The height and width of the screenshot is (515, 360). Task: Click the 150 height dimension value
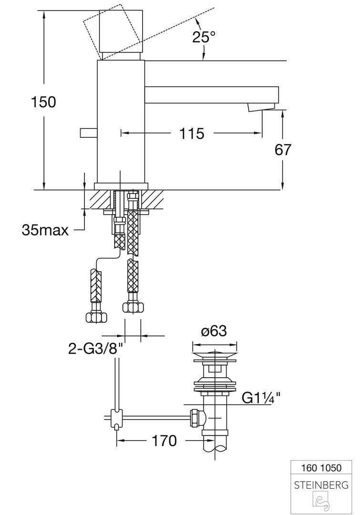pyautogui.click(x=43, y=102)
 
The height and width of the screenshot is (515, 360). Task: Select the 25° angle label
pyautogui.click(x=204, y=37)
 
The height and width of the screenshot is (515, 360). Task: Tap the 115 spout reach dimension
pyautogui.click(x=192, y=134)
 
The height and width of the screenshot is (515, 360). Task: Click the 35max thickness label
pyautogui.click(x=45, y=230)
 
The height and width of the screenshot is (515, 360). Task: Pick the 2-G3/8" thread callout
pyautogui.click(x=95, y=350)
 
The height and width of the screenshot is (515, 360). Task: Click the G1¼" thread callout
pyautogui.click(x=261, y=398)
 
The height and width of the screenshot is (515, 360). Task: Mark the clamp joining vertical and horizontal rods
pyautogui.click(x=116, y=418)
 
